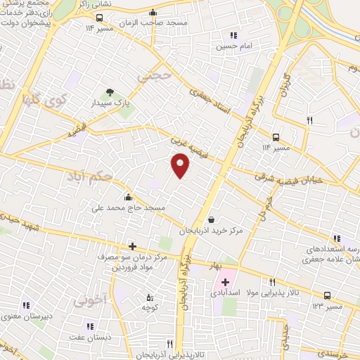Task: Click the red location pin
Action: click(181, 166)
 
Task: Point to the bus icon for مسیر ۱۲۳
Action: click(327, 296)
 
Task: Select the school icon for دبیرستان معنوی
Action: click(26, 305)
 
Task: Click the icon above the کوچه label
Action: click(148, 297)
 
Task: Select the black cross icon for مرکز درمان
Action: click(131, 245)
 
